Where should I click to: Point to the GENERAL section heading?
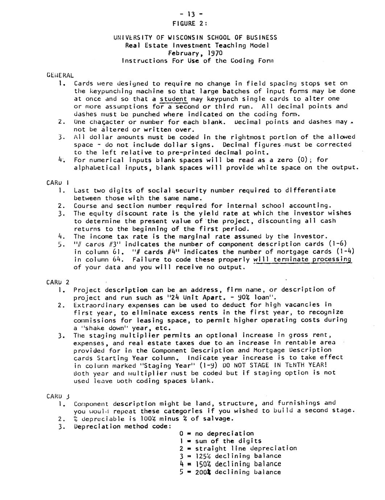point(60,75)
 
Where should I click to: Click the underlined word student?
point(173,99)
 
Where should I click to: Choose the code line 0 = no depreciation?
point(216,434)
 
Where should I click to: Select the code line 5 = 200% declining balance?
point(230,472)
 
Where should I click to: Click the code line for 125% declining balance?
point(230,456)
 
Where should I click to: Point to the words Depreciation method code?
point(122,426)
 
